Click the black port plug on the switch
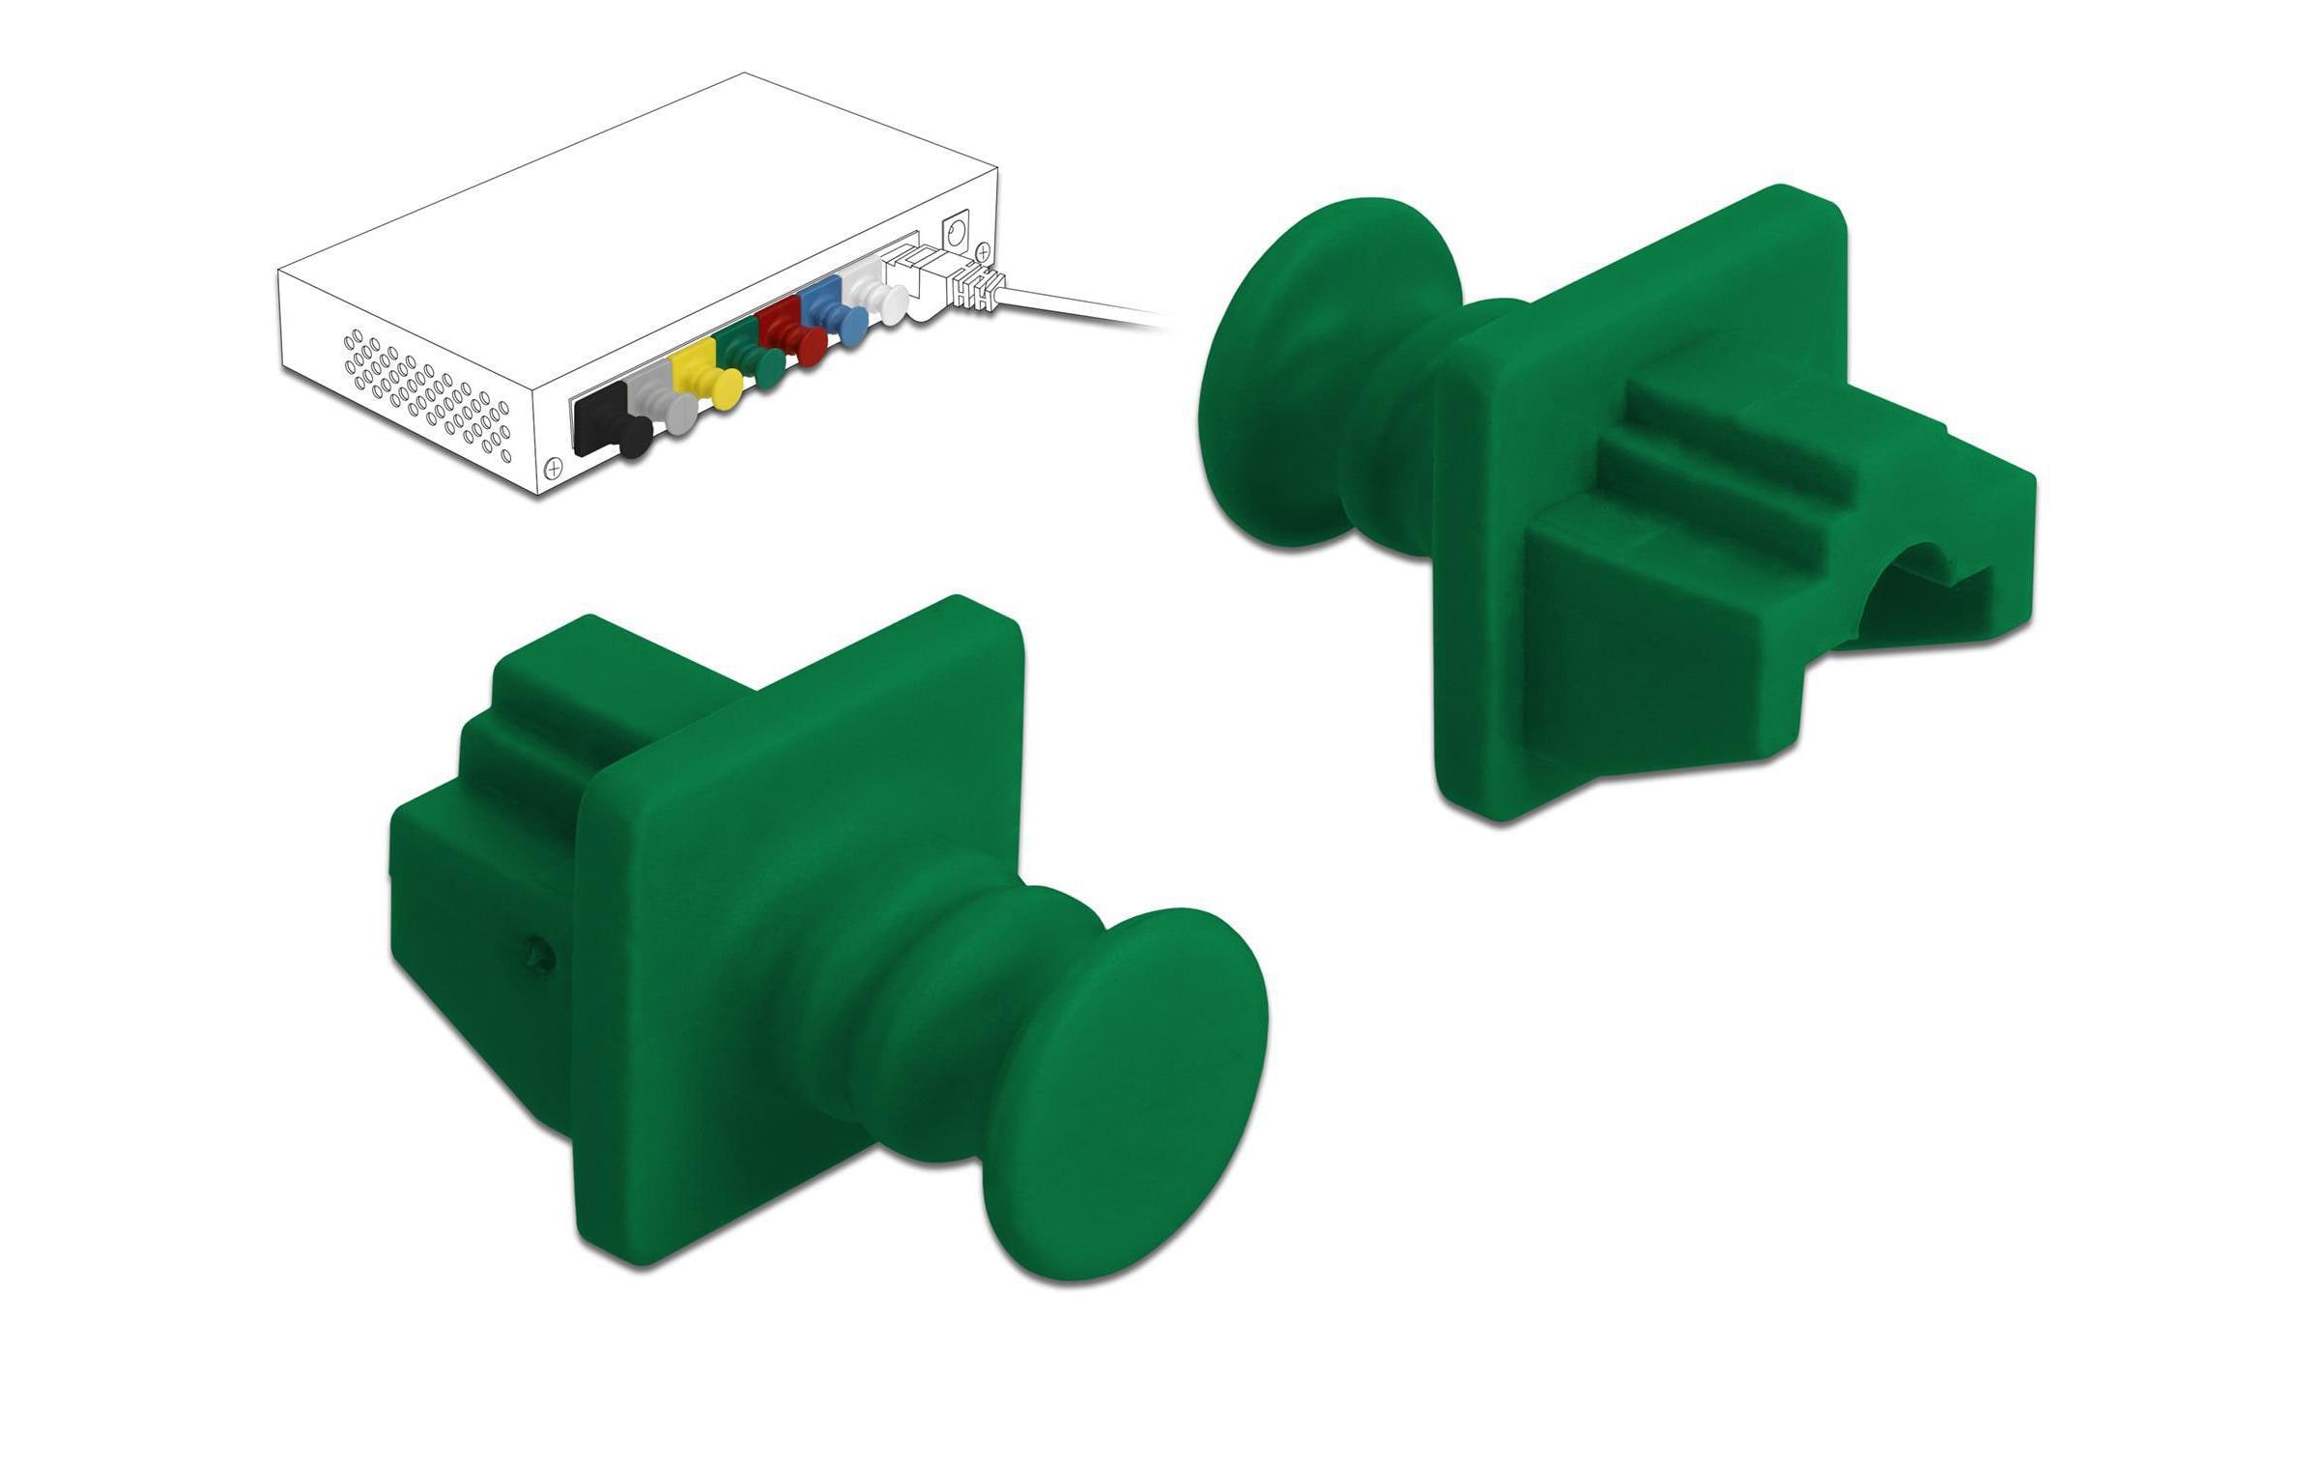point(607,426)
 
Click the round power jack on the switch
point(958,233)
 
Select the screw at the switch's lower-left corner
point(554,468)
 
